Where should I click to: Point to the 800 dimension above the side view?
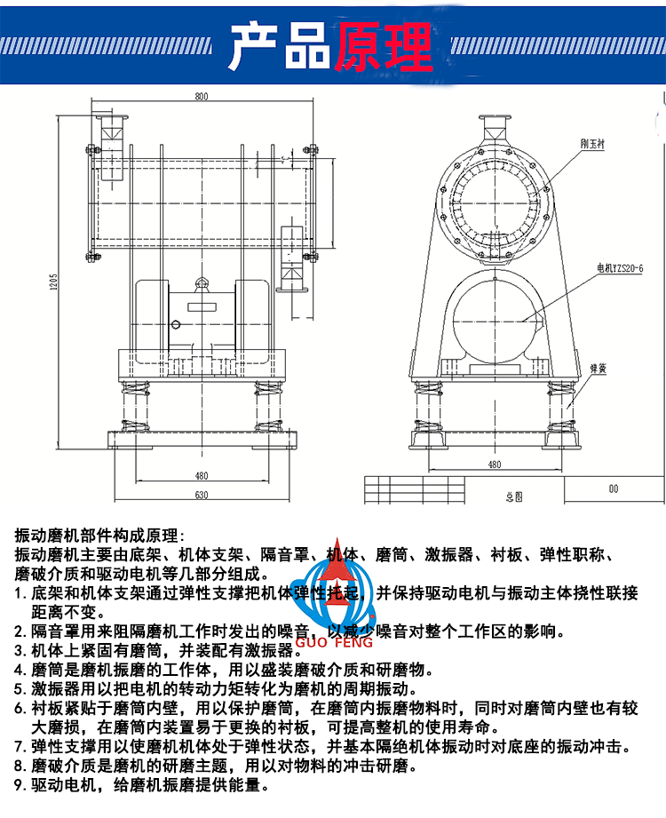pos(201,95)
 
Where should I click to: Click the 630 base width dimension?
pos(201,495)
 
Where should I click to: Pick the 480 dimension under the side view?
pos(201,475)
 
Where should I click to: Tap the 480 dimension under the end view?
pos(494,465)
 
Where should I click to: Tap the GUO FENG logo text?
pos(347,641)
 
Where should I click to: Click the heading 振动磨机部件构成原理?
pos(98,536)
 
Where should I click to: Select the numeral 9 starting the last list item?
pos(20,785)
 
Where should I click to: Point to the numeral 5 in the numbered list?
pos(20,688)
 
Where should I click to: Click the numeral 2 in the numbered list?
pos(20,632)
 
